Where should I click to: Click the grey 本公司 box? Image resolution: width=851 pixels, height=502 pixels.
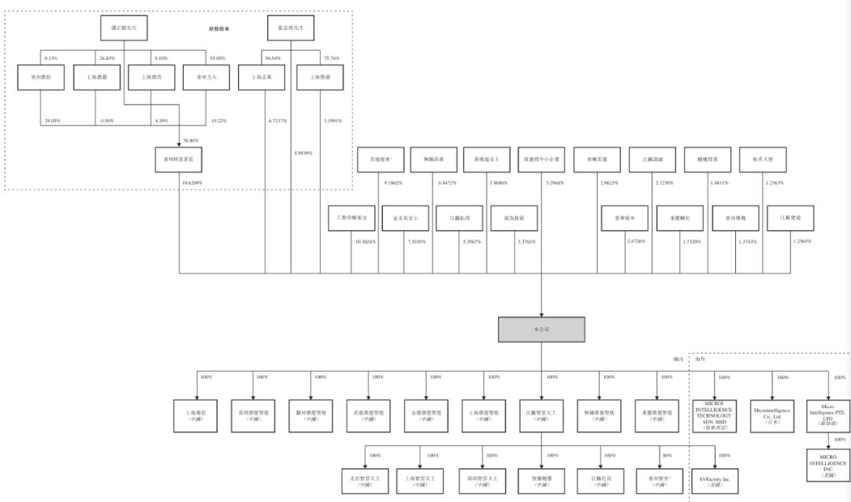click(x=541, y=329)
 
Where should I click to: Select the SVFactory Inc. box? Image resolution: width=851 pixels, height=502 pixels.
click(x=715, y=479)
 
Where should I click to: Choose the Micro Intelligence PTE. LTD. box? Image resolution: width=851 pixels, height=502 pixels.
click(x=827, y=413)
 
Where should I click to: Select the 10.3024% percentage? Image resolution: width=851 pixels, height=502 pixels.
click(x=364, y=241)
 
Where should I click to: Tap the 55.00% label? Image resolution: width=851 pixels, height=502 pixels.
click(x=217, y=58)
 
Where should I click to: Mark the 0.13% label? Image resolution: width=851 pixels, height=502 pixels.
click(x=51, y=58)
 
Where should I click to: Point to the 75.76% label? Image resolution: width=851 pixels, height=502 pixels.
click(x=330, y=58)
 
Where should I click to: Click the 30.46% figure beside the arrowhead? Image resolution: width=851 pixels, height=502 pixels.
click(x=190, y=139)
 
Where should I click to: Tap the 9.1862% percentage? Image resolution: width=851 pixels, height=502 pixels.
click(x=393, y=183)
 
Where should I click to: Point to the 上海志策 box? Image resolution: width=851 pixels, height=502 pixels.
click(x=262, y=77)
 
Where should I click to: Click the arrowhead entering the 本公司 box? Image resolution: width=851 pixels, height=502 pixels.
click(x=541, y=313)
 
